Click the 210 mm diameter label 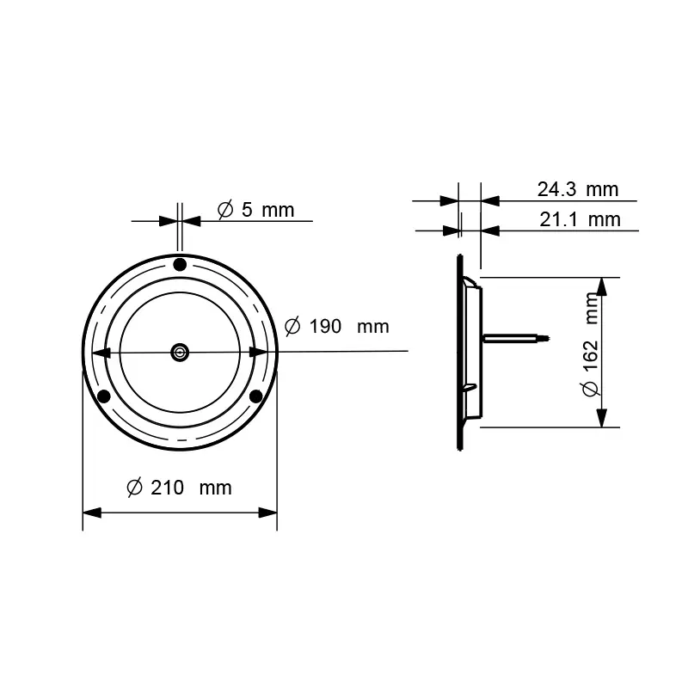click(179, 488)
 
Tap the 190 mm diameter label click(336, 327)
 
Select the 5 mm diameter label click(255, 210)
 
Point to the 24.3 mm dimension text click(578, 189)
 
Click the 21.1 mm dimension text click(580, 219)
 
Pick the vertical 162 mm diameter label click(591, 345)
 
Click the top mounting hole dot click(180, 265)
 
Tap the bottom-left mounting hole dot click(103, 396)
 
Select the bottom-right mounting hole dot click(255, 396)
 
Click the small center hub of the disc click(180, 352)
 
